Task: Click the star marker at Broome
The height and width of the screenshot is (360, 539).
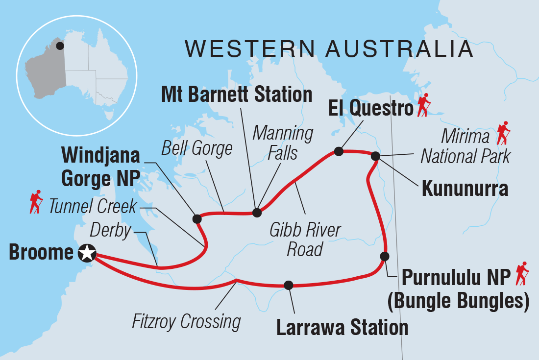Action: coord(87,253)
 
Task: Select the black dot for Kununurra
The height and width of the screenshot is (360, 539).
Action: coord(375,156)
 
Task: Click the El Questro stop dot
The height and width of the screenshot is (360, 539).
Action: coord(338,151)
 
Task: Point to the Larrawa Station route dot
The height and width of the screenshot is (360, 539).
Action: coord(289,285)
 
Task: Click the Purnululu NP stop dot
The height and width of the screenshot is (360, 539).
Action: coord(385,256)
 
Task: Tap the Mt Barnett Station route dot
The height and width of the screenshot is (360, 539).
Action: coord(256,213)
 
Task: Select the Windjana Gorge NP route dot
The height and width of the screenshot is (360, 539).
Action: coord(197,218)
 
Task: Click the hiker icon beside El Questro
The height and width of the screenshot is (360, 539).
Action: coord(423,105)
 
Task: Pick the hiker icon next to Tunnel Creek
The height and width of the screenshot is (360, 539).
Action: coord(36,203)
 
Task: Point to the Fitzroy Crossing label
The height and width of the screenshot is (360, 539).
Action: coord(187,322)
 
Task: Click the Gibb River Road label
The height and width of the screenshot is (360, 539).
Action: coord(305,240)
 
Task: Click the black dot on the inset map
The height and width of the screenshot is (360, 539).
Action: coord(59,46)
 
